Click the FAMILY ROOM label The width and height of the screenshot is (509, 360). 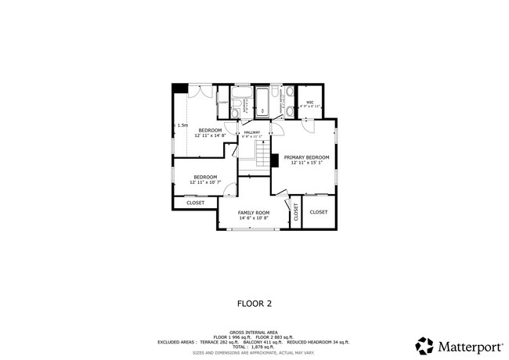pos(254,212)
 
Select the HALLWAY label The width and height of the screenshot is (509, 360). pos(252,132)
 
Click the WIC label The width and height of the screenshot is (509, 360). pos(310,102)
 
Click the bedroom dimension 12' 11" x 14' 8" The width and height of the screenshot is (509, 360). pos(210,135)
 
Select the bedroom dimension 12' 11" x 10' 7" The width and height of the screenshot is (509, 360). pos(205,182)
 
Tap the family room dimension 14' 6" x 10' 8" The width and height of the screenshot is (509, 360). pos(254,218)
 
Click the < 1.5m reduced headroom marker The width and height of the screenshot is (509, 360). pos(181,125)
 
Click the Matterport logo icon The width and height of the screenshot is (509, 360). pos(424,345)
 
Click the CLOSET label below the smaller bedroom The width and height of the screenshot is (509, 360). pos(195,203)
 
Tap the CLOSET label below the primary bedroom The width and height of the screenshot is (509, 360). pos(319,212)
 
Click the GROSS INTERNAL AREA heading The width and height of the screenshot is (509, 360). pos(254,332)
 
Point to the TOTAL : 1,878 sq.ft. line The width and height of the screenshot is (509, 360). pos(254,347)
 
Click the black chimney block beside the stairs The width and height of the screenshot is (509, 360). pos(275,160)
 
